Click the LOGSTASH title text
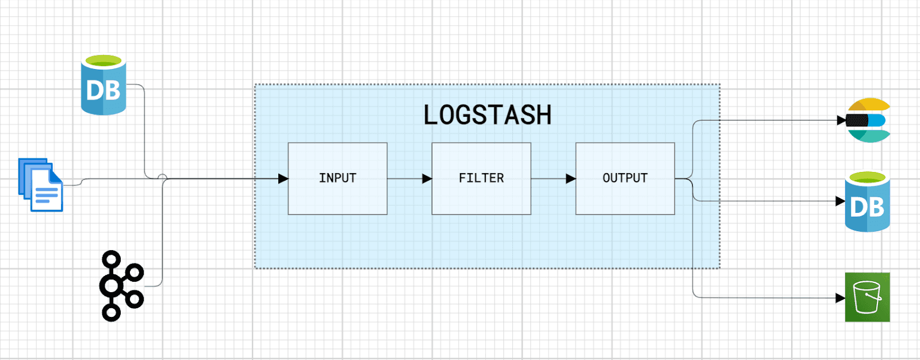tap(487, 115)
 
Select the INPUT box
tap(338, 178)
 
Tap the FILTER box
tap(481, 178)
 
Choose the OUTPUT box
tap(625, 178)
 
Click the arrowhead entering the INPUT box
tap(283, 179)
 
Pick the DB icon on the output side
tap(867, 202)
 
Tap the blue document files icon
tap(41, 185)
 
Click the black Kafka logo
tap(121, 286)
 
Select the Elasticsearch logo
tap(869, 120)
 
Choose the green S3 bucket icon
tap(867, 297)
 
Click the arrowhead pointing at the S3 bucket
tap(840, 298)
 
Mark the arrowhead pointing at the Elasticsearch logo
tap(841, 121)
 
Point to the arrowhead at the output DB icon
tap(840, 201)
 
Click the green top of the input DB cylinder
tap(103, 60)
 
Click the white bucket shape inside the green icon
tap(867, 297)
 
